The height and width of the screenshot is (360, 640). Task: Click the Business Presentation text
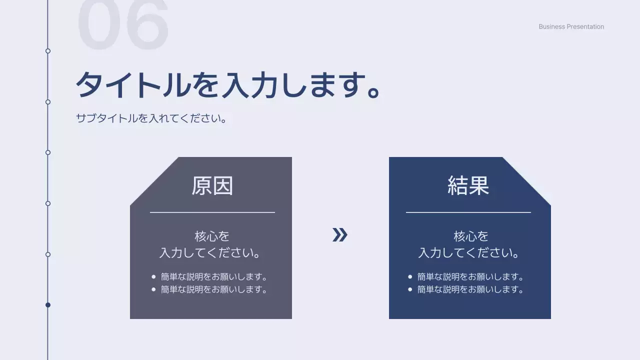point(571,27)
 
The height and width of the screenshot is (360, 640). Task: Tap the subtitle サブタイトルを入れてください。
point(151,118)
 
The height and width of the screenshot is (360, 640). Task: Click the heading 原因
point(212,185)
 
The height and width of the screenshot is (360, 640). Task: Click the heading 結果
point(468,185)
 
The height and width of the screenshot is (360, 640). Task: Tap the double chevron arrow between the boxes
point(339,234)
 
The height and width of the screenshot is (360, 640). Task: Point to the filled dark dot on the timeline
point(48,305)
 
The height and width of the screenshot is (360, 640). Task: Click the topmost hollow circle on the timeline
point(48,51)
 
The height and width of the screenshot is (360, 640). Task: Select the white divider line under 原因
point(212,212)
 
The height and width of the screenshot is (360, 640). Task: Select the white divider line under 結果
point(468,212)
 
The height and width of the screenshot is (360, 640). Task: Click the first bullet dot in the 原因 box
point(153,276)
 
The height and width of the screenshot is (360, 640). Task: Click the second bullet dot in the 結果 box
point(410,289)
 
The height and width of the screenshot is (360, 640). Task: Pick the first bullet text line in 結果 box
point(470,276)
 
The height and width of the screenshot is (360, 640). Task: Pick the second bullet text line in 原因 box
point(214,289)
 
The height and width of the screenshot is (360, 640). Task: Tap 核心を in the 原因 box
point(212,236)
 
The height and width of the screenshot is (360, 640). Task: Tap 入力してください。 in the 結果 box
point(468,252)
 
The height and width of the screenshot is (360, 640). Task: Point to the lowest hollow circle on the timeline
point(48,254)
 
